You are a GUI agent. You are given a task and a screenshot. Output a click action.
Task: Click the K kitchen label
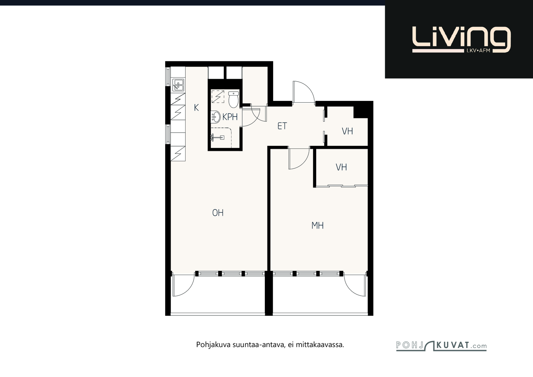point(196,108)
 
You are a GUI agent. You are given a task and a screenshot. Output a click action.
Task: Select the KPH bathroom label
point(230,117)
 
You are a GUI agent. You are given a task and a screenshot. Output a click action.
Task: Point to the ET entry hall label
point(282,126)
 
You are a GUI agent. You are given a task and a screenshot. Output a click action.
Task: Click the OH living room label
point(218,213)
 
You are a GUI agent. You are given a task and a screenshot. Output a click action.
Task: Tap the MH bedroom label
point(317,225)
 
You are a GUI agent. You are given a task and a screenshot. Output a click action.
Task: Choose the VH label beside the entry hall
point(347,131)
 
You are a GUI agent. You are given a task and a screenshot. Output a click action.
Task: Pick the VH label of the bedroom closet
point(341,167)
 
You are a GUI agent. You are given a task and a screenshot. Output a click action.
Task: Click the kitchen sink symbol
point(178,85)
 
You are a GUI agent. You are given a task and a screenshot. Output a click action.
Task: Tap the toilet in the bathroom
point(234,100)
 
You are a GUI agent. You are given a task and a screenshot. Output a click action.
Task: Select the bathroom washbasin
point(216,117)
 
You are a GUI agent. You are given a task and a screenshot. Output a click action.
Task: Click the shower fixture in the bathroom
point(217,137)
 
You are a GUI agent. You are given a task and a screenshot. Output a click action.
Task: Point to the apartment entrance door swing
point(304,92)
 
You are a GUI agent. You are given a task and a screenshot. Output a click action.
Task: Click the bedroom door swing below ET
point(299,159)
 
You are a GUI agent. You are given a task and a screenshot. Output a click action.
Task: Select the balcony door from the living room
point(184,285)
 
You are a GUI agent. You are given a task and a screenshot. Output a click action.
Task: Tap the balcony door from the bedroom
point(355,285)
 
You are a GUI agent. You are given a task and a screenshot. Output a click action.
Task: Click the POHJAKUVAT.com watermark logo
point(441,346)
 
